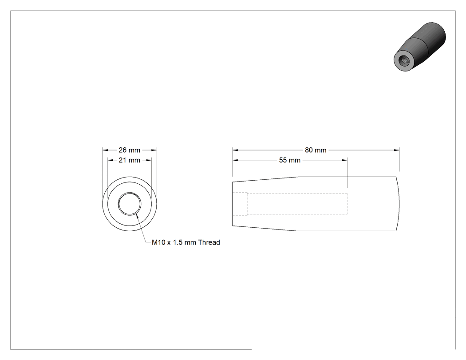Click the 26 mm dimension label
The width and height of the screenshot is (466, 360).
[x=129, y=150]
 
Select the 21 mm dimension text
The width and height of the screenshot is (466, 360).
[x=129, y=160]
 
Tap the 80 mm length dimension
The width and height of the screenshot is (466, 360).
[x=316, y=150]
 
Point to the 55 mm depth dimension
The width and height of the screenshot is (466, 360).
[x=290, y=160]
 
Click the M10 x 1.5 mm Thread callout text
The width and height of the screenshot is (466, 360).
[x=186, y=242]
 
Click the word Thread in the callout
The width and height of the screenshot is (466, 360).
[x=209, y=242]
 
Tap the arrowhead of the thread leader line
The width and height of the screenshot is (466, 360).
[x=137, y=215]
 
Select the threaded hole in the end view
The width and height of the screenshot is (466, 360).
[x=129, y=204]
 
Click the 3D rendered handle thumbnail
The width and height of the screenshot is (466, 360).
[x=420, y=47]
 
